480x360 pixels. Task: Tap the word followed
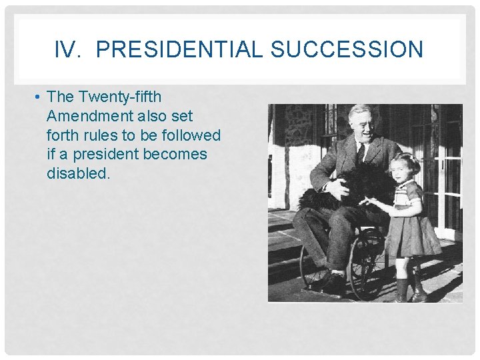pos(190,135)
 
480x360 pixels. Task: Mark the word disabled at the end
pos(77,173)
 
